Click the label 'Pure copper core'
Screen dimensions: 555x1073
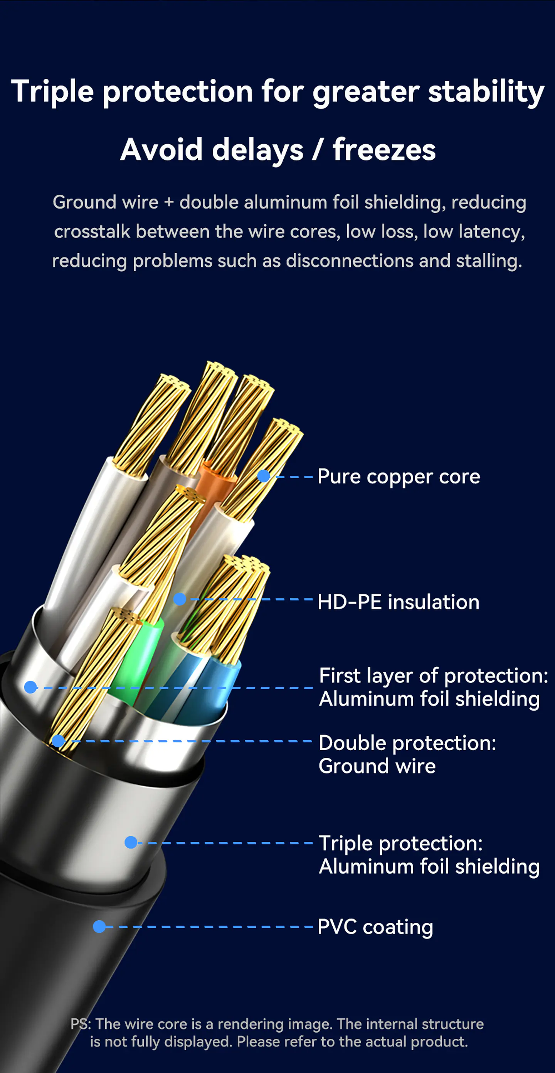[x=399, y=476]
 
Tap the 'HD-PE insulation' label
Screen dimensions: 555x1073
[x=398, y=602]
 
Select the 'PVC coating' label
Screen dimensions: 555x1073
[x=375, y=927]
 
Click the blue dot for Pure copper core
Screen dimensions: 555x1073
[x=264, y=476]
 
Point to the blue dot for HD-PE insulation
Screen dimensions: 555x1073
[x=180, y=599]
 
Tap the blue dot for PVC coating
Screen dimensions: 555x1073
[x=99, y=926]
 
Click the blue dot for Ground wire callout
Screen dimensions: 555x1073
[x=58, y=741]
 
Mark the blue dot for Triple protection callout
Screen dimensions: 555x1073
[x=131, y=842]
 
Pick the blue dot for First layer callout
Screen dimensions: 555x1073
[x=30, y=687]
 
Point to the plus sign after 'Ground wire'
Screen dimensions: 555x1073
[x=168, y=203]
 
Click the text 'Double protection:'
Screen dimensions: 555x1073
[x=407, y=743]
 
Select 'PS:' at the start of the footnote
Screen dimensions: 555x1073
[x=81, y=1024]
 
